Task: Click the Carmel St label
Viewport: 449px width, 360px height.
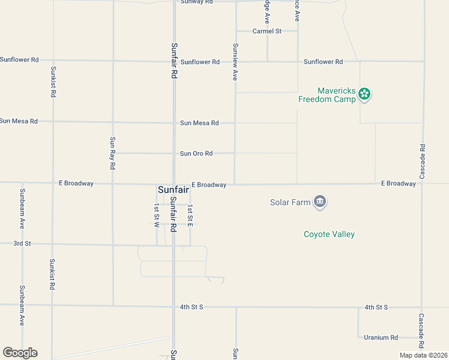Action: coord(267,31)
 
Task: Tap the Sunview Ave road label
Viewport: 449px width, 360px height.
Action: coord(235,62)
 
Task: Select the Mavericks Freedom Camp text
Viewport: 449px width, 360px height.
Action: coord(327,95)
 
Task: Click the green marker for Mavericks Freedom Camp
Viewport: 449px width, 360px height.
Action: coord(364,94)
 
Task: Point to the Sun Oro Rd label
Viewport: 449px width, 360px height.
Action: coord(196,154)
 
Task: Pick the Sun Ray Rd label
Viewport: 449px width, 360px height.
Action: coord(112,152)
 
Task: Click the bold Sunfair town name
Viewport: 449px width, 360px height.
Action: coord(173,189)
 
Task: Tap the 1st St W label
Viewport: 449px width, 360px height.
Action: coord(156,214)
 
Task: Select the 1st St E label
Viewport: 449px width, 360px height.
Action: coord(190,215)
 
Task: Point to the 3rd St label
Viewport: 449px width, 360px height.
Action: coord(22,244)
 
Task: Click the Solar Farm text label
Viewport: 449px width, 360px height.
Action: coord(290,202)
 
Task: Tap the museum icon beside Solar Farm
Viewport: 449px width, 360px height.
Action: coord(320,202)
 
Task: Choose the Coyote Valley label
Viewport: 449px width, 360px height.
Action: coord(329,234)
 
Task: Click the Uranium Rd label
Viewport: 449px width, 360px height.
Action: coord(381,338)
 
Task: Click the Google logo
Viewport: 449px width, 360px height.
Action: coord(20,353)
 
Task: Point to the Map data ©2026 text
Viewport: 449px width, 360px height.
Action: coord(423,355)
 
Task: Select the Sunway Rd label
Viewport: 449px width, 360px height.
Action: coord(197,2)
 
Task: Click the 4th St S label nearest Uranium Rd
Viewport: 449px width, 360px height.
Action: coord(376,307)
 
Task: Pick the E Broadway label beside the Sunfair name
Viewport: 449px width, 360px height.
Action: coord(209,185)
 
